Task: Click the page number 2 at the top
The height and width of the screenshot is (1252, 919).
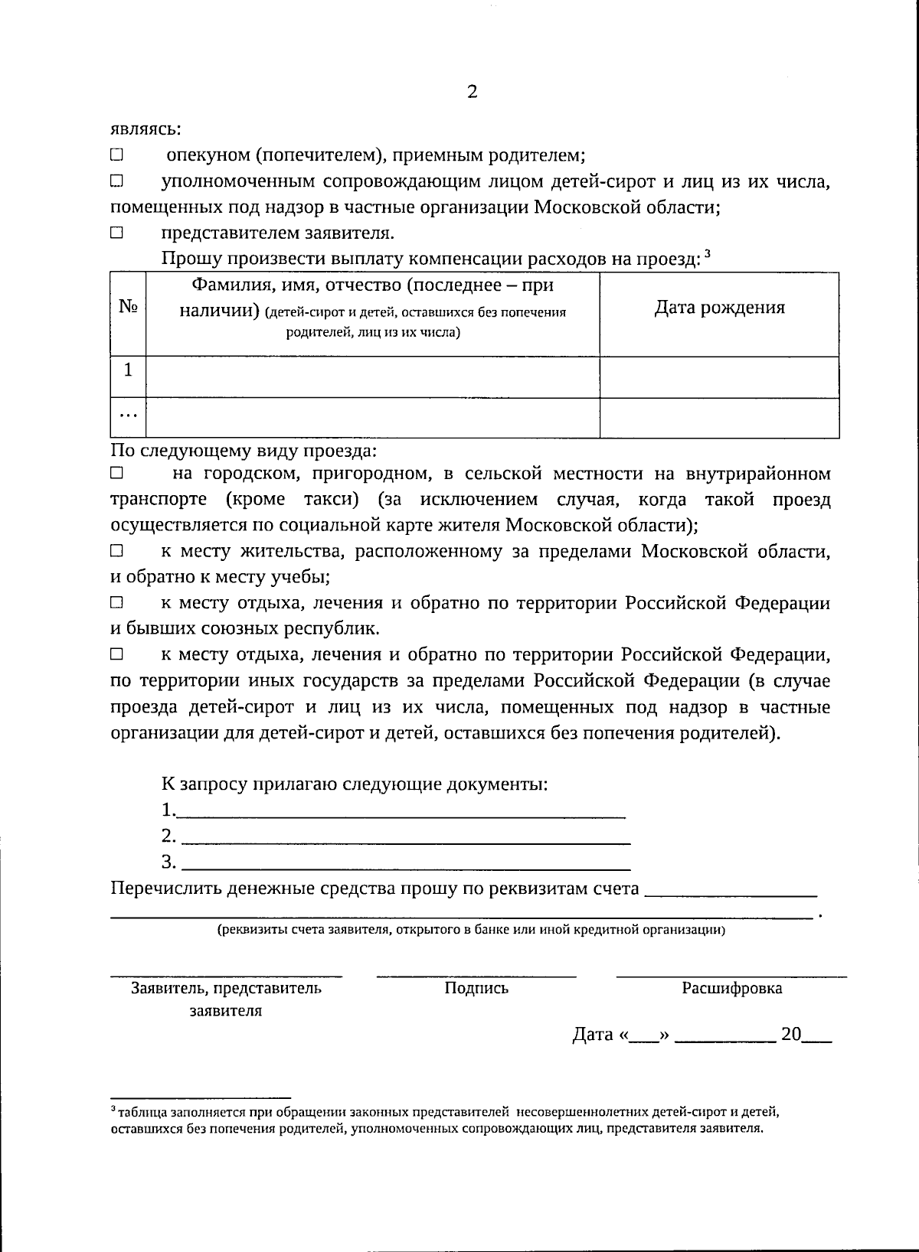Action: click(472, 93)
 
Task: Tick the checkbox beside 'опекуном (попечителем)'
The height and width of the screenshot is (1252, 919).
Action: click(116, 155)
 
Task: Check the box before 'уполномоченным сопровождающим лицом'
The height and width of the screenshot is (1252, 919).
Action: click(116, 182)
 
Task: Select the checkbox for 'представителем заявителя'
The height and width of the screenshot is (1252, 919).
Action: click(116, 233)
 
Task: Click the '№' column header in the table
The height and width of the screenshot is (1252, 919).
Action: click(128, 307)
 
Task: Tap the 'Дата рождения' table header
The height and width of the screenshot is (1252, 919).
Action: click(719, 308)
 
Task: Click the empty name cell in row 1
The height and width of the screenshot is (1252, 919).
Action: click(372, 377)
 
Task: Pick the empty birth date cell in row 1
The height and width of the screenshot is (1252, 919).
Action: click(719, 377)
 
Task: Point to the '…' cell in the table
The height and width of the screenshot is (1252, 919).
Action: click(128, 417)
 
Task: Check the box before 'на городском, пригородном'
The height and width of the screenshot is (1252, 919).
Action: click(116, 474)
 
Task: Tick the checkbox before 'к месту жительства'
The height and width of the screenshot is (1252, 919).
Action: click(116, 551)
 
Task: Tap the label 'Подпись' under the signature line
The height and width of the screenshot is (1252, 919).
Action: click(476, 988)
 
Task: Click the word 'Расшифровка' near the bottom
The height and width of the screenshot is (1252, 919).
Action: click(732, 988)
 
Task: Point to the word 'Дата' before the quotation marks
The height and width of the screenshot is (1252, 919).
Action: click(593, 1035)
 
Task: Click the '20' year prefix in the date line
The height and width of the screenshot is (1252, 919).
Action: click(790, 1035)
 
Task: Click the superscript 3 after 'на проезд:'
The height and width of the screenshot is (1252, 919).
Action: click(708, 254)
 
